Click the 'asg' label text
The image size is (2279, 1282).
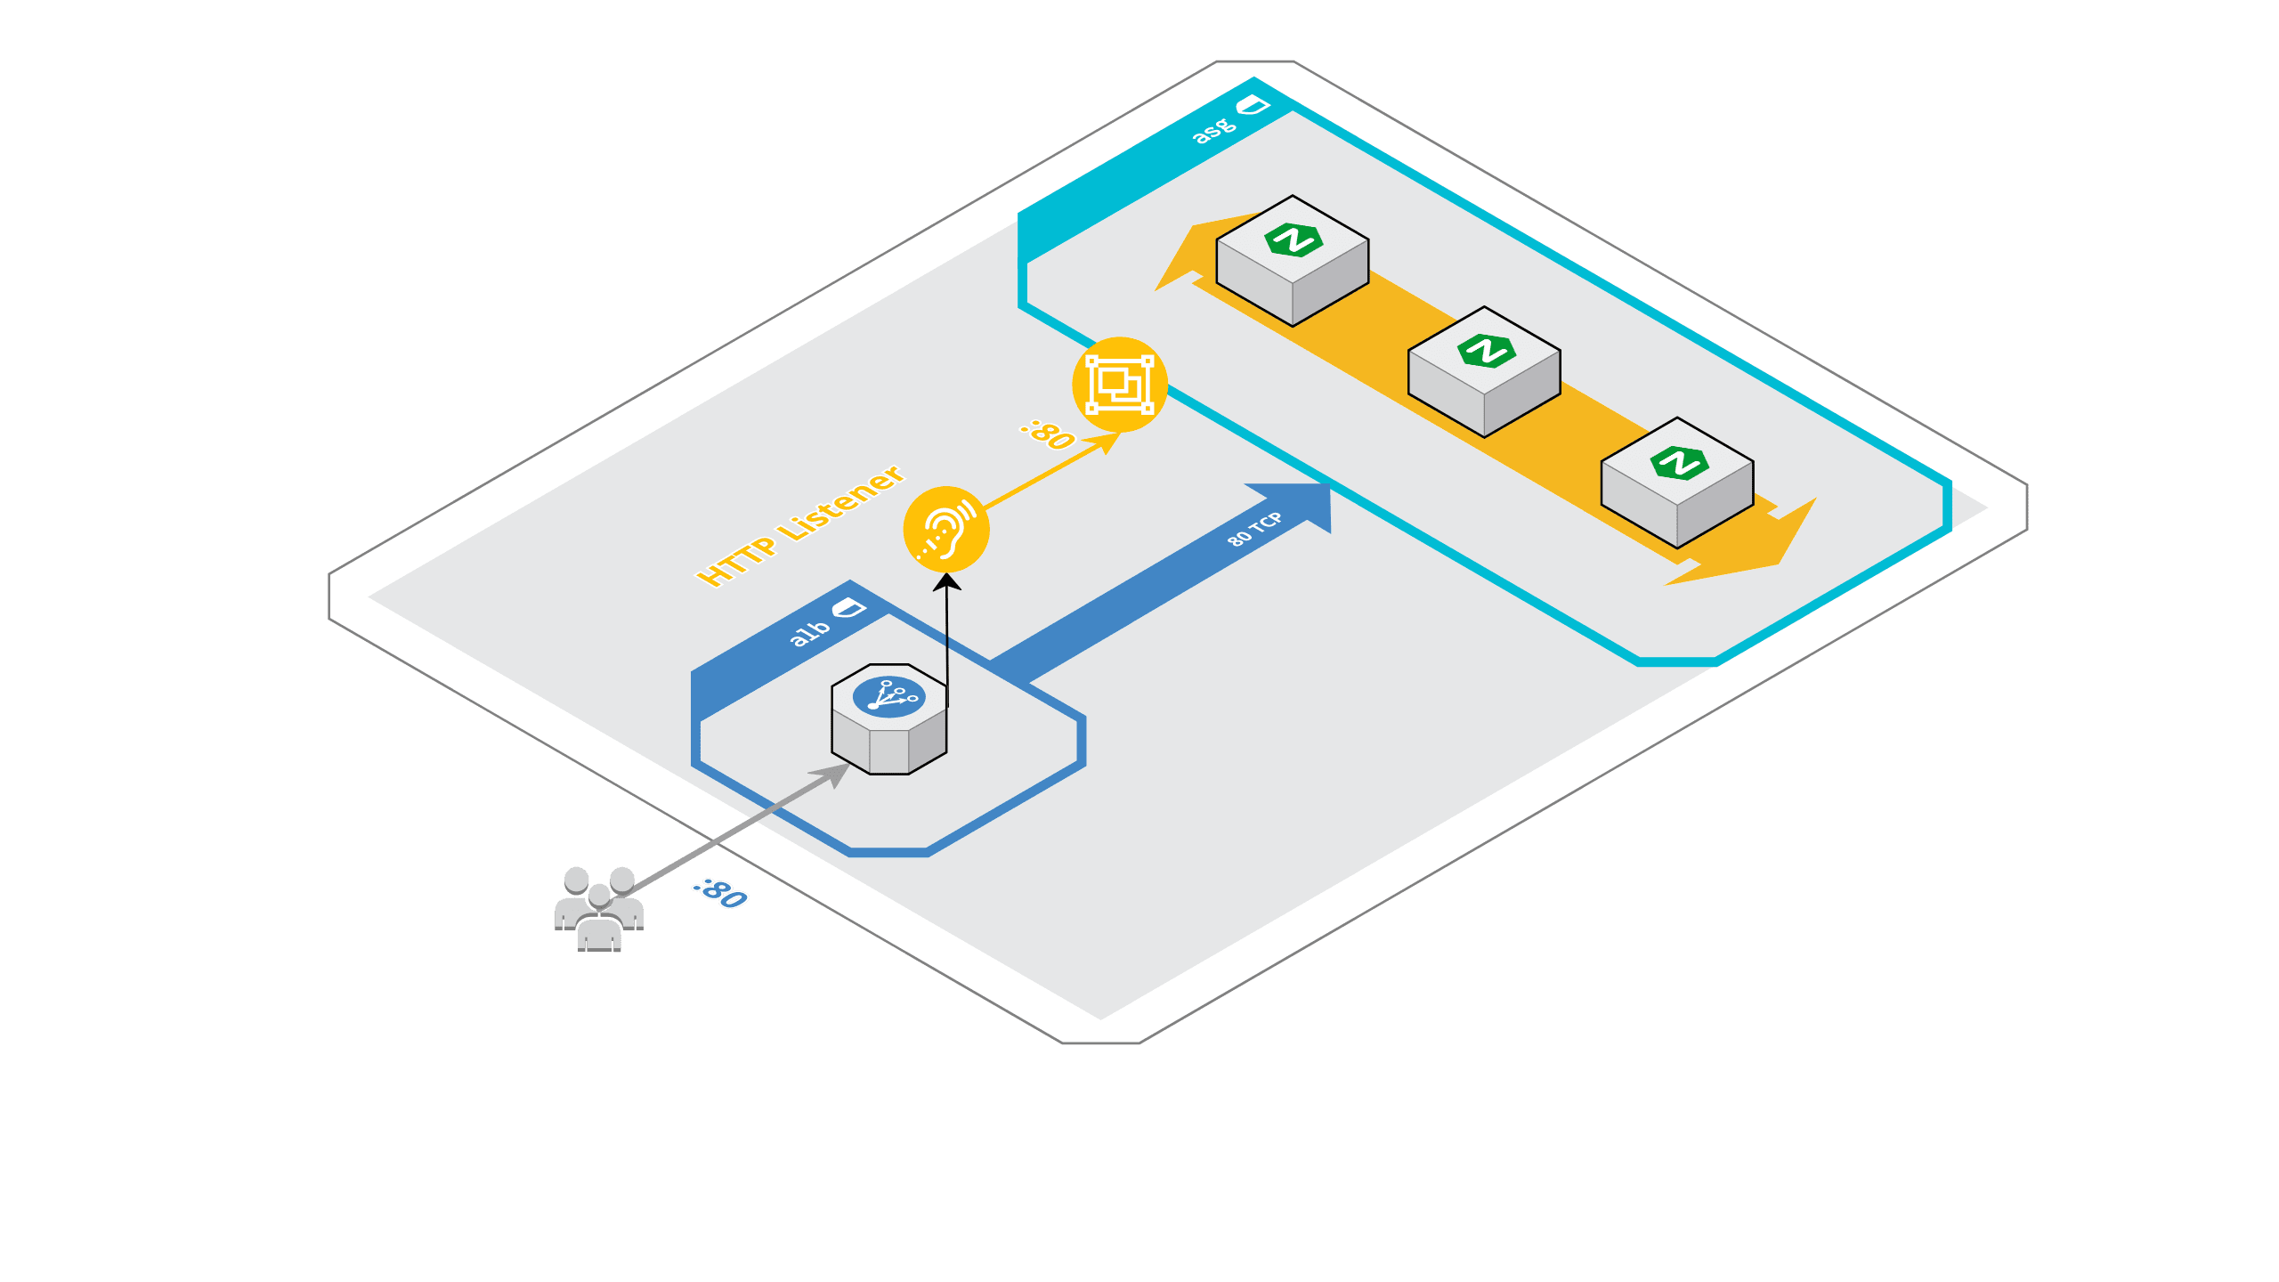(x=1214, y=130)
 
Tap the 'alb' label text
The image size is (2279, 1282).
(x=810, y=631)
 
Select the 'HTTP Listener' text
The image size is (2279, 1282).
(x=799, y=526)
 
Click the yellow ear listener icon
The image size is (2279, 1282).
(x=946, y=530)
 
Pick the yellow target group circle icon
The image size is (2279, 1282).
(x=1120, y=385)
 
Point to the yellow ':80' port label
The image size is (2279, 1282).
(x=1048, y=434)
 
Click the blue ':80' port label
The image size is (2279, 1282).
(x=720, y=894)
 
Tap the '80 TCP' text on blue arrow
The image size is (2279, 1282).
(x=1254, y=529)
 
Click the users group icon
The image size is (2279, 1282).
(x=599, y=909)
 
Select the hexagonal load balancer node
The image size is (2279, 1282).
(x=889, y=719)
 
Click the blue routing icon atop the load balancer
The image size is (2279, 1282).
(x=888, y=696)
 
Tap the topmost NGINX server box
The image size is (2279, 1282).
(x=1293, y=261)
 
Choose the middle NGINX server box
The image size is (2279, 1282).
(x=1484, y=372)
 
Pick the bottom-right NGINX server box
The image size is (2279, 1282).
(x=1677, y=483)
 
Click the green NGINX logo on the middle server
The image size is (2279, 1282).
(x=1486, y=351)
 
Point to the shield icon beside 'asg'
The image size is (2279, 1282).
(x=1253, y=106)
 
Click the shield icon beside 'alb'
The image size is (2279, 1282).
(x=848, y=609)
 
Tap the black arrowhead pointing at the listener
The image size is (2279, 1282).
(x=946, y=581)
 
